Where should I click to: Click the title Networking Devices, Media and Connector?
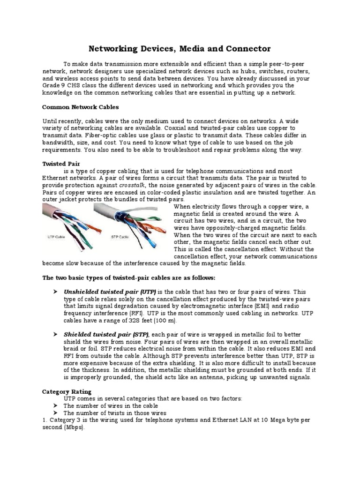[180, 49]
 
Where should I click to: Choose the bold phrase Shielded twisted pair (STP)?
[106, 334]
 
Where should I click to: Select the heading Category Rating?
[67, 391]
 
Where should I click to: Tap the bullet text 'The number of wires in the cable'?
[111, 405]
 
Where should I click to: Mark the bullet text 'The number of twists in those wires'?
[115, 412]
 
